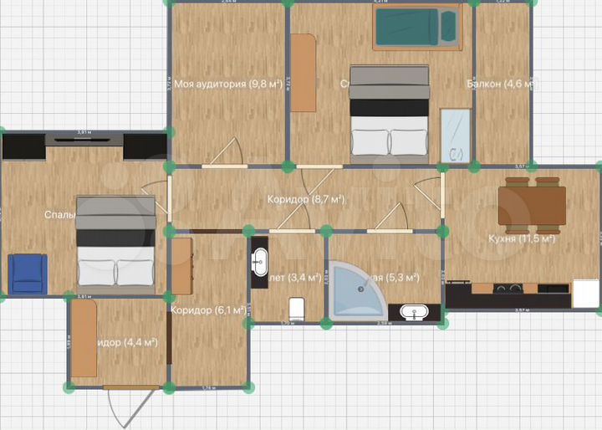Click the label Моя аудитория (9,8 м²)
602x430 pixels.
point(227,84)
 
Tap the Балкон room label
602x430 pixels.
point(498,84)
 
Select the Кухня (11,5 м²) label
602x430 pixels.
point(521,238)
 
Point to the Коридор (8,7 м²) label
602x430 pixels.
point(306,200)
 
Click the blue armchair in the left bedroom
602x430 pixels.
point(28,274)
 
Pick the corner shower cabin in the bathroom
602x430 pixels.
point(356,289)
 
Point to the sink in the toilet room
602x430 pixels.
point(259,261)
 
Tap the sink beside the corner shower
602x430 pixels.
point(414,313)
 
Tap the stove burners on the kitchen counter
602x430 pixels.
point(507,289)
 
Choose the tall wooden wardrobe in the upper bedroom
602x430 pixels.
point(304,73)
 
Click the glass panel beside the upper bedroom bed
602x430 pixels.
point(456,136)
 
